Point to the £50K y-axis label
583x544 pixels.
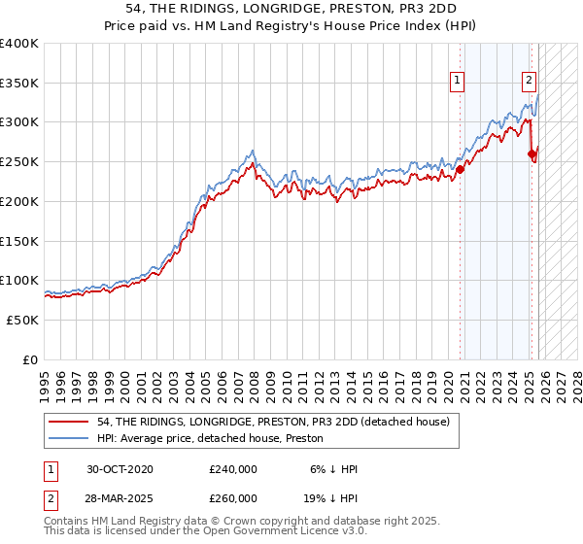pos(20,320)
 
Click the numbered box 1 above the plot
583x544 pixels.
pos(457,82)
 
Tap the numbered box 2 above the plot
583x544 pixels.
pos(529,82)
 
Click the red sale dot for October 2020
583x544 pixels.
pos(460,169)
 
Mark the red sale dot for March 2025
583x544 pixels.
pos(532,153)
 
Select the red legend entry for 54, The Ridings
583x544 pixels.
pos(273,423)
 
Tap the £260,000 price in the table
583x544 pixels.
pos(233,498)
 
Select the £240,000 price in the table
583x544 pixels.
pos(233,469)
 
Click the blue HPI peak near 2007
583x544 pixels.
pos(253,151)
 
